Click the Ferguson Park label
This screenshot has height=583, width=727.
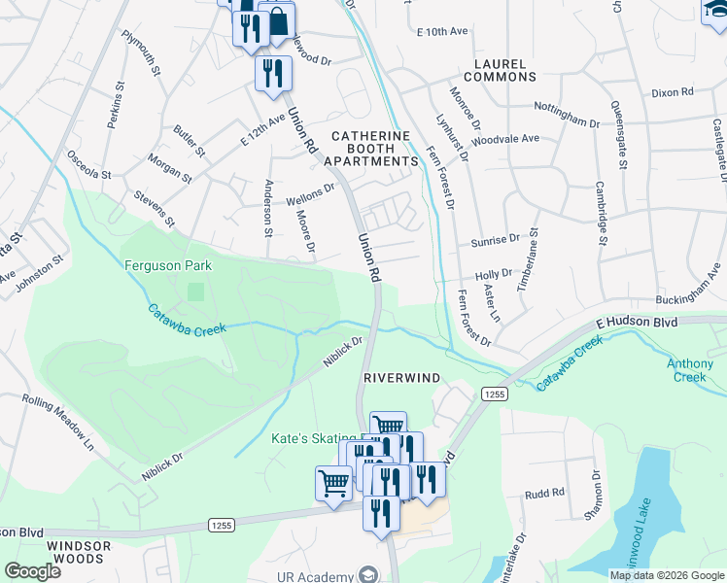pyautogui.click(x=168, y=264)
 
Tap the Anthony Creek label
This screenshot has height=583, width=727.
pyautogui.click(x=690, y=371)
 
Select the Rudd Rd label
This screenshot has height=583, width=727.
pyautogui.click(x=544, y=493)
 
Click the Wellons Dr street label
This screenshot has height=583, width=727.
pyautogui.click(x=310, y=194)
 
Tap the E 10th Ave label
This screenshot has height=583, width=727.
pyautogui.click(x=442, y=32)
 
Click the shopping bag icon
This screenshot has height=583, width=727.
pyautogui.click(x=277, y=20)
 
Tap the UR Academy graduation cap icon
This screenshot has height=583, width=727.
pyautogui.click(x=368, y=574)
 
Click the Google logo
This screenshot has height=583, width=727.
pyautogui.click(x=33, y=571)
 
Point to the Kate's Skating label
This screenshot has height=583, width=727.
pyautogui.click(x=309, y=439)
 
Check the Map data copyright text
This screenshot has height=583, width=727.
pyautogui.click(x=666, y=574)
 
